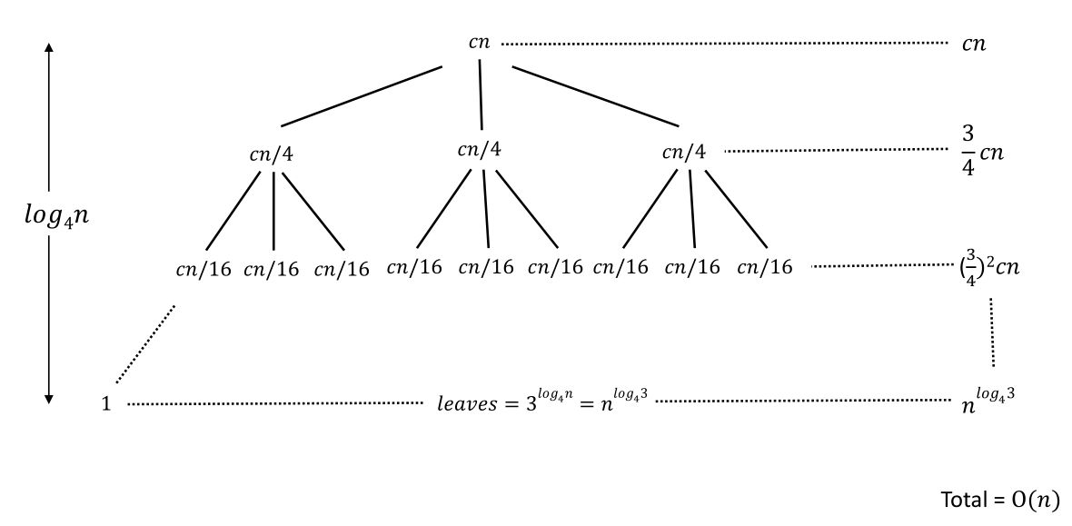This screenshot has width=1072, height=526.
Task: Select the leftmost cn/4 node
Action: pos(272,154)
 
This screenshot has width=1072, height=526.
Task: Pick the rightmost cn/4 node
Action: pos(684,152)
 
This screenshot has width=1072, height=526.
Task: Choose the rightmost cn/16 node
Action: pos(765,267)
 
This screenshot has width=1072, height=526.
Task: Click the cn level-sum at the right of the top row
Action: pos(975,43)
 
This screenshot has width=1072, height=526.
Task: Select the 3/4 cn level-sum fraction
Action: pos(981,154)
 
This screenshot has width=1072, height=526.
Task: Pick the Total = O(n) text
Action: pos(1000,499)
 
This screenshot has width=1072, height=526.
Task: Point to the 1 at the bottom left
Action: pos(106,403)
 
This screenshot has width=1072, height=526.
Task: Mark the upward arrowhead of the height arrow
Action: pos(49,48)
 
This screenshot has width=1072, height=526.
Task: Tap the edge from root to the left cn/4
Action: pos(362,96)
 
